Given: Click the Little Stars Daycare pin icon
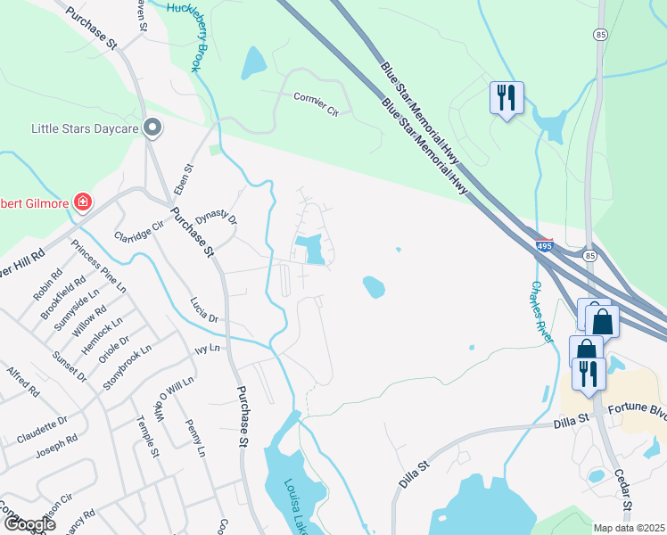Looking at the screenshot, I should click(152, 128).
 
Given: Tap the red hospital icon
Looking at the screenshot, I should click(82, 202).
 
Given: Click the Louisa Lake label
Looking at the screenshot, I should click(294, 506).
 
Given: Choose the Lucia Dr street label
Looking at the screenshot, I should click(204, 309).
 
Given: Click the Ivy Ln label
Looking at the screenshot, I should click(208, 348).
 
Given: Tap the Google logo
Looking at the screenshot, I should click(29, 524).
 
